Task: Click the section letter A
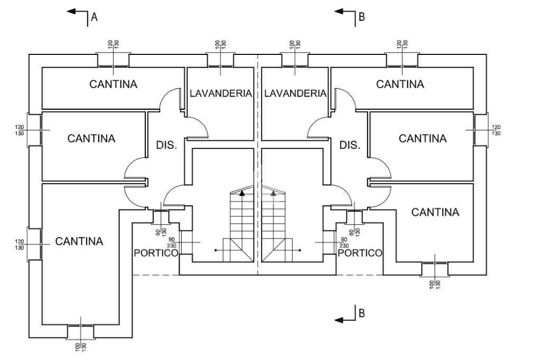(95, 17)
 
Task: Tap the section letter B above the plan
(362, 17)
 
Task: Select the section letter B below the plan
(362, 313)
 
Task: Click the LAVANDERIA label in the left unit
(220, 93)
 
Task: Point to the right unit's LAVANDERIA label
(295, 93)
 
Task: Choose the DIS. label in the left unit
(166, 145)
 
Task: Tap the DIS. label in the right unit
(350, 145)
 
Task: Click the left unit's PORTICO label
(155, 253)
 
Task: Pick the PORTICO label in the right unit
(360, 253)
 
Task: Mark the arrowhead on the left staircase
(242, 193)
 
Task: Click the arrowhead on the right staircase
(274, 193)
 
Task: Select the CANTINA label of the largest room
(79, 241)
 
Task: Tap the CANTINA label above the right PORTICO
(435, 212)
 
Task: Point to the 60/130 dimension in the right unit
(355, 231)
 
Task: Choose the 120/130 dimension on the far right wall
(496, 130)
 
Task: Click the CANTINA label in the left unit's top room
(113, 84)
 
